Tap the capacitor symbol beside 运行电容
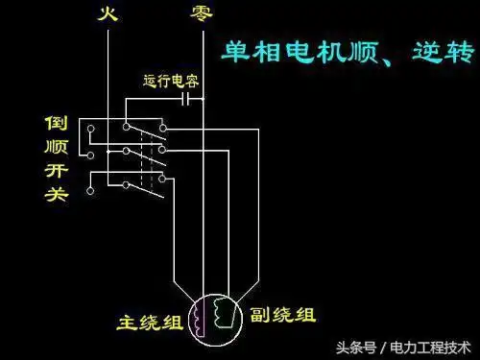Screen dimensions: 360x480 [189, 97]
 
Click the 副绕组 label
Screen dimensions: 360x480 [283, 314]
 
